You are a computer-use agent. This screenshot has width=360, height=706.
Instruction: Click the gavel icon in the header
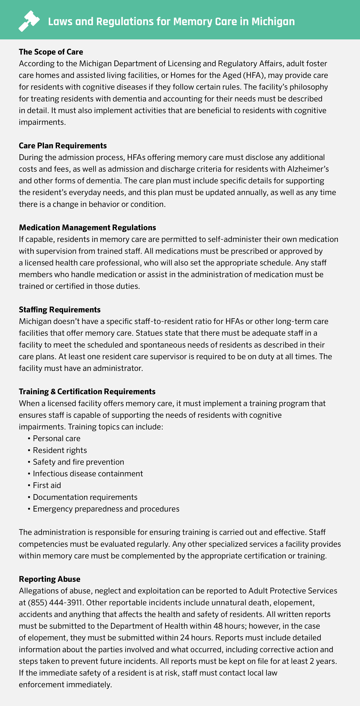point(29,21)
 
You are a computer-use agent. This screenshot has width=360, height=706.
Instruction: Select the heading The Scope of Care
point(51,52)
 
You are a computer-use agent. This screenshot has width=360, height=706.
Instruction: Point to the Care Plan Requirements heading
point(63,146)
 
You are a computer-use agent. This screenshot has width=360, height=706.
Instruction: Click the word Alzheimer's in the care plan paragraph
point(308,169)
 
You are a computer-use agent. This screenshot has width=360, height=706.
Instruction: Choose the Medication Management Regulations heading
point(87,227)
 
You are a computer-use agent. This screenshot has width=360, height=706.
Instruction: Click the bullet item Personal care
point(57,439)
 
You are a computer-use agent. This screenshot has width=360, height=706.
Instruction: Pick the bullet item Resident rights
point(60,450)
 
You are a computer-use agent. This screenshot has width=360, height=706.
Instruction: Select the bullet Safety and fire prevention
point(78,462)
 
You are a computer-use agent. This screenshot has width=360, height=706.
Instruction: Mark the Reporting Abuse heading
point(50,579)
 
